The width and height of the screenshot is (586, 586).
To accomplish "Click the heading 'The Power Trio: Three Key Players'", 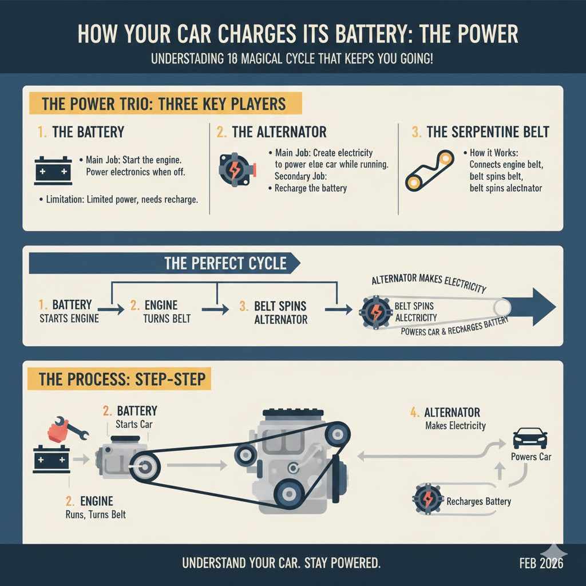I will [163, 104].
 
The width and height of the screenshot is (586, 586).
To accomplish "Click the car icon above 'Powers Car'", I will [529, 438].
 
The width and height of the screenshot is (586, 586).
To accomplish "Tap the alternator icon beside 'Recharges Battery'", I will [426, 500].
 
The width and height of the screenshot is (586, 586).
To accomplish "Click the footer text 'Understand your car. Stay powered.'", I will [281, 563].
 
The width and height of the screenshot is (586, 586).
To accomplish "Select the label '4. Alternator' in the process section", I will [445, 413].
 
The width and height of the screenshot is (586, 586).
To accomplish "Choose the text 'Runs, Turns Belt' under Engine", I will [96, 514].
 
